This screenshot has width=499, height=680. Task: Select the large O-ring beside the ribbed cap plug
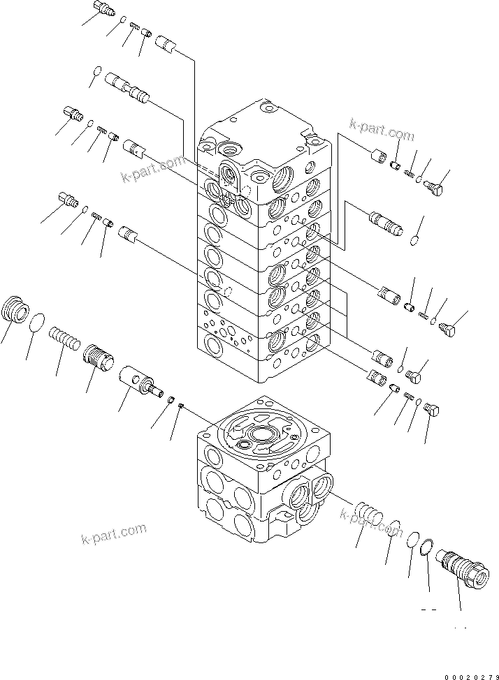(x=38, y=323)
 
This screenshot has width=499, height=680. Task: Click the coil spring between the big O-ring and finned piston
(x=64, y=341)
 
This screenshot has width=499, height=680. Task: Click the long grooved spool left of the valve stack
(x=127, y=89)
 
